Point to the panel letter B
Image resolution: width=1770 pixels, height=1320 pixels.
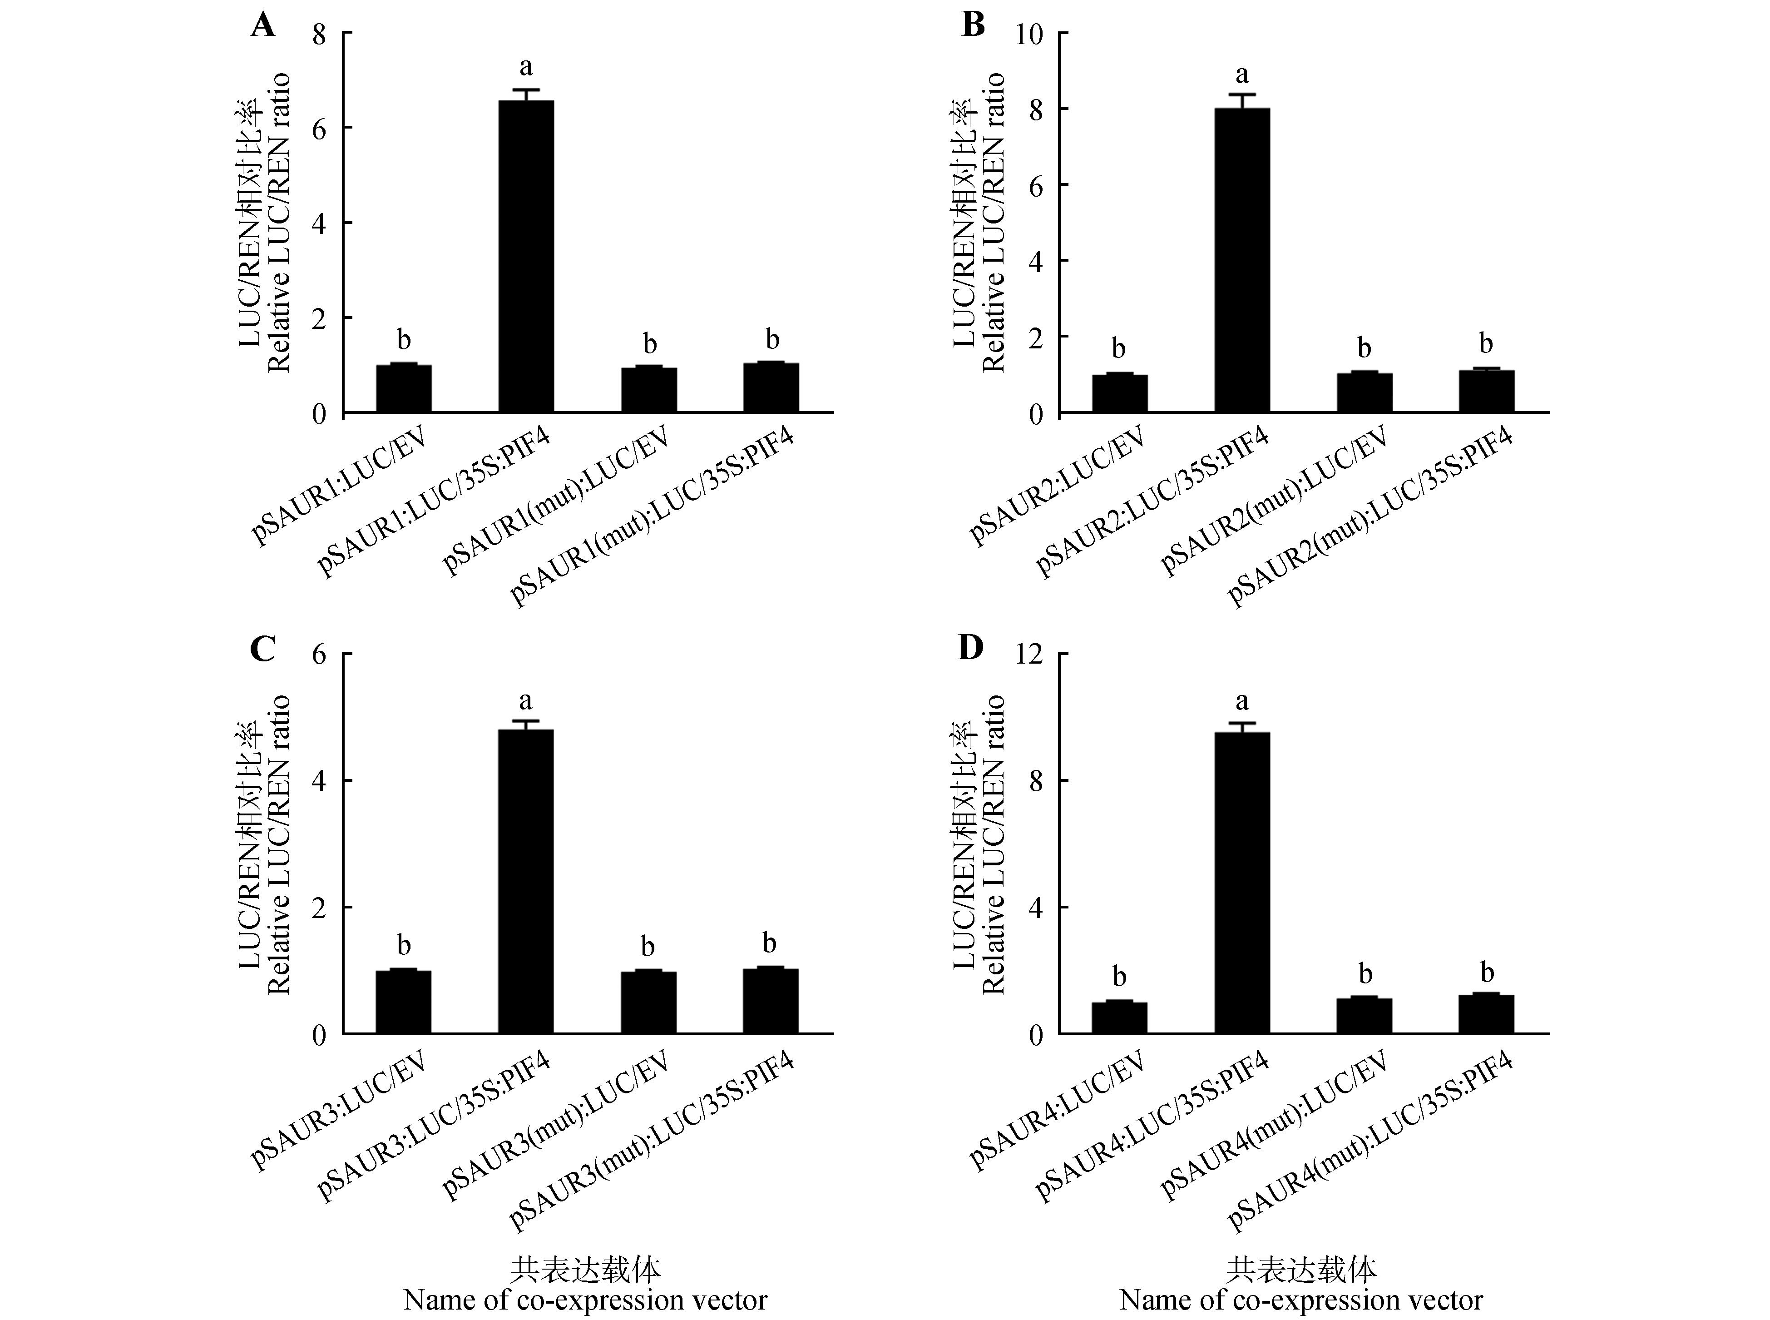pyautogui.click(x=973, y=25)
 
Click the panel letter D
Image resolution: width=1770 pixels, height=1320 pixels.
pyautogui.click(x=971, y=648)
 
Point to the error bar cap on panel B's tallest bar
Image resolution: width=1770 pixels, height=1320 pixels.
pyautogui.click(x=1242, y=94)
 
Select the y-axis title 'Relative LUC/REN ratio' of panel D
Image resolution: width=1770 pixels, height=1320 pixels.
pyautogui.click(x=993, y=844)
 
